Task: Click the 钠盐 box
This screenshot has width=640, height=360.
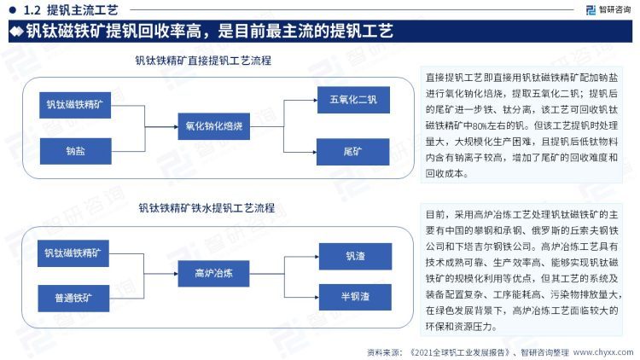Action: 75,151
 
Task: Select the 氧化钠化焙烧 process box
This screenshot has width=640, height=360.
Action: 214,126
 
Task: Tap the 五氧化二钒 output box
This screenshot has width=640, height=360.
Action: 353,100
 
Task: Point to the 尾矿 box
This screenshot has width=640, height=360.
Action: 353,152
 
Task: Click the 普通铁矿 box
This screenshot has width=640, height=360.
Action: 73,299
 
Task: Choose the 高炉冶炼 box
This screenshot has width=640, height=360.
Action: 213,274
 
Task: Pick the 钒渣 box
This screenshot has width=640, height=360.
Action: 356,256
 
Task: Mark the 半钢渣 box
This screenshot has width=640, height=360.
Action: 355,297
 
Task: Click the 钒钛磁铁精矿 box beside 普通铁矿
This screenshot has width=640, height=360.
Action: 73,253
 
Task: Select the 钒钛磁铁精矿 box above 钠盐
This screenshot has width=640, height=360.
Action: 75,105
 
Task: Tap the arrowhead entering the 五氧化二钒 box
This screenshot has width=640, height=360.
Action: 315,100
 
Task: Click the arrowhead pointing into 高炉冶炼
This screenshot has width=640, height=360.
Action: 176,274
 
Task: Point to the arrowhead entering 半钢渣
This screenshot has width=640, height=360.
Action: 317,297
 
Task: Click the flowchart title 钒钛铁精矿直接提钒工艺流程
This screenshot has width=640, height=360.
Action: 203,61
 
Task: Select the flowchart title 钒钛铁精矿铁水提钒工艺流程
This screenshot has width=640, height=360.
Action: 207,208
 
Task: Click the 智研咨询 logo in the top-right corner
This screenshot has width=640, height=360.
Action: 608,9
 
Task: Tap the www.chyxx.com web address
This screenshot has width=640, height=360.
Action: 602,351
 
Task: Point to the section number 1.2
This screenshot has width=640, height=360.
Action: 32,9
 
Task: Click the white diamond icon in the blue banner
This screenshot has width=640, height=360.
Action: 17,32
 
